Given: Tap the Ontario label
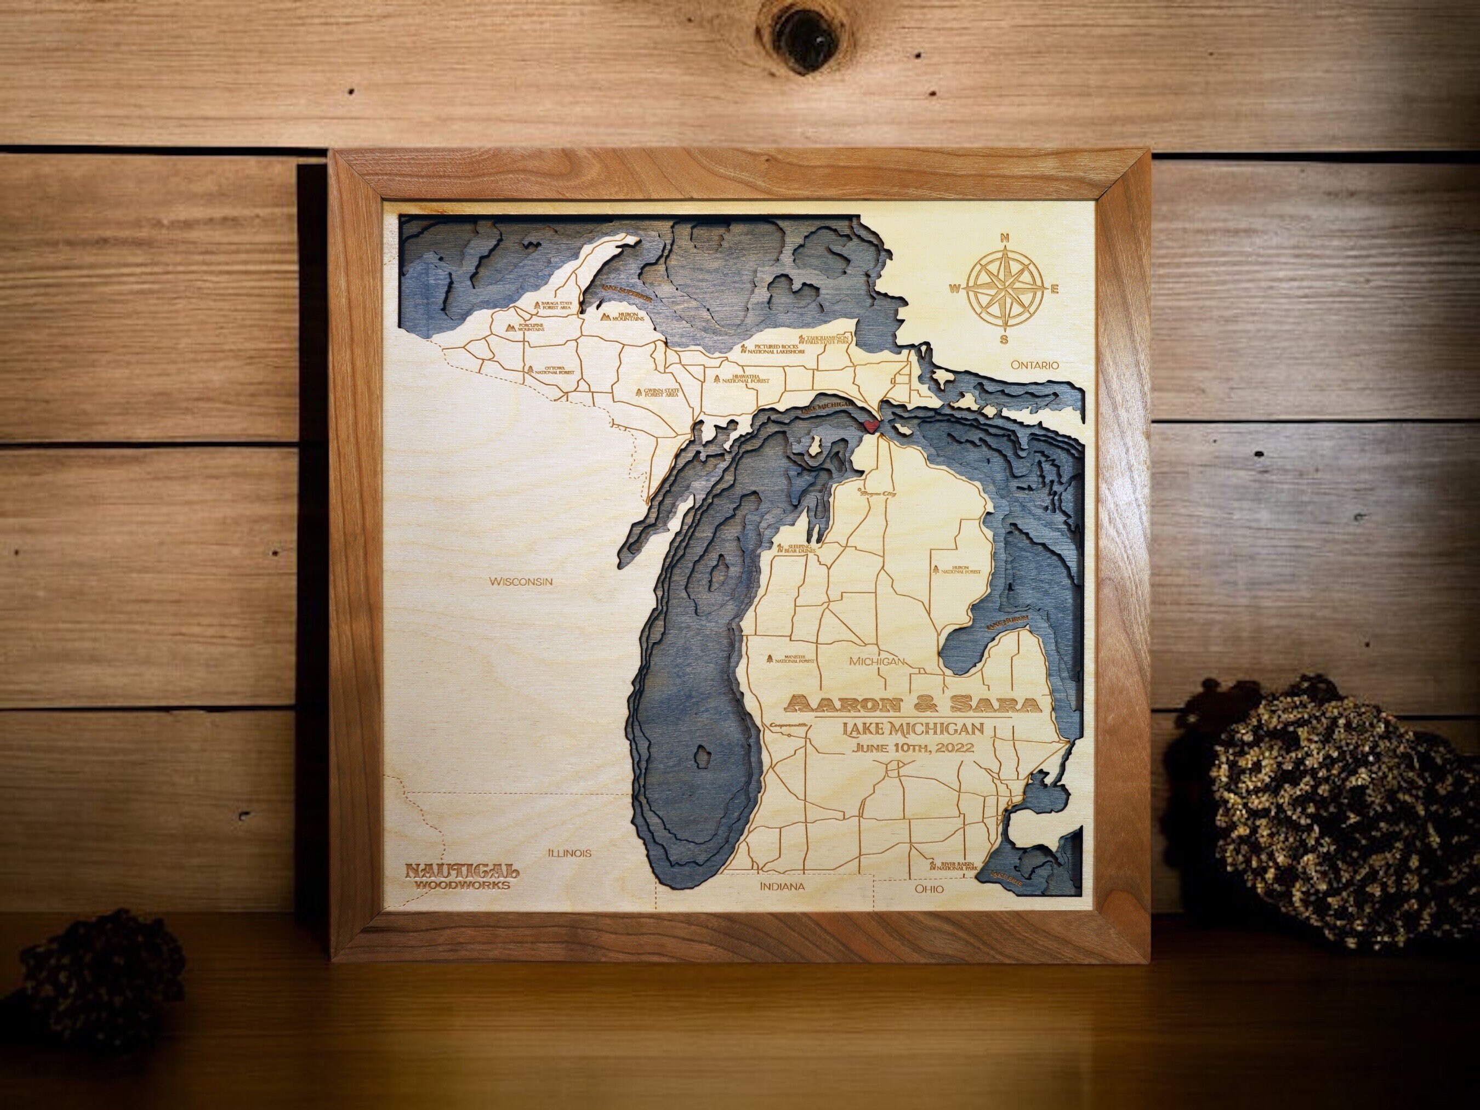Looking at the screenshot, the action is click(x=1035, y=365).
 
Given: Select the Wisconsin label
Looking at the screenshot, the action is click(x=521, y=582).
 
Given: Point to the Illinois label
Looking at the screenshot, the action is click(x=570, y=853).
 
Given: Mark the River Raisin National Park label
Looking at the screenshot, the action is click(x=953, y=865).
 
